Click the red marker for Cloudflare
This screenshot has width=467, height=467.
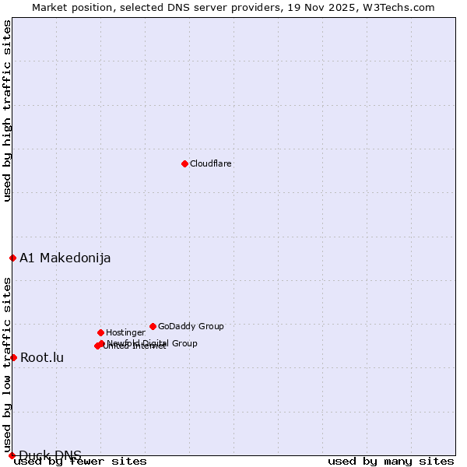click(184, 163)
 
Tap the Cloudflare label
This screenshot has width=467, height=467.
click(210, 163)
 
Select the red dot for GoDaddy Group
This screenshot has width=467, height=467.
click(153, 326)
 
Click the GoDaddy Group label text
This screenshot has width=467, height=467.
click(191, 326)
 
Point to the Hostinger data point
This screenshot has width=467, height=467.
click(100, 332)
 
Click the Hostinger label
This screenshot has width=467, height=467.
click(125, 332)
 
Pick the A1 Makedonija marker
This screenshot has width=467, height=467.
click(12, 258)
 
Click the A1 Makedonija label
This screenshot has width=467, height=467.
click(65, 258)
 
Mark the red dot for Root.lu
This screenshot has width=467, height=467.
click(13, 357)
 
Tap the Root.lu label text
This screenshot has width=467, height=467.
click(42, 357)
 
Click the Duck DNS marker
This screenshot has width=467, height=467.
click(12, 455)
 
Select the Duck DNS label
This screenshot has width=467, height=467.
click(50, 455)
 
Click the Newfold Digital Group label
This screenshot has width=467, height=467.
click(153, 342)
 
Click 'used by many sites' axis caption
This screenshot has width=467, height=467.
click(391, 461)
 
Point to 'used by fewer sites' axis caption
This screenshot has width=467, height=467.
click(80, 461)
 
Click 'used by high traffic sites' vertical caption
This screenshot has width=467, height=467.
click(7, 111)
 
